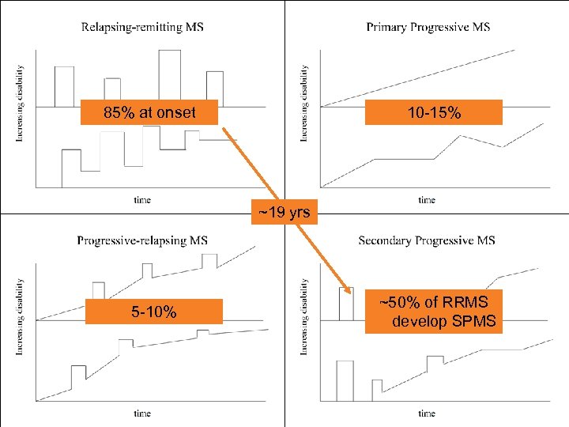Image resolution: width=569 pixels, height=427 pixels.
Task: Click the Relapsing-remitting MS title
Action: [x=142, y=28]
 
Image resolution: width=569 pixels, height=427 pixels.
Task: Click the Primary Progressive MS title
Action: [x=428, y=28]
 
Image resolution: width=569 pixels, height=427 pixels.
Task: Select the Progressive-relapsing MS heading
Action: [x=142, y=240]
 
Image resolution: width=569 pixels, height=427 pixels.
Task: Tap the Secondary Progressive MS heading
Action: [x=427, y=240]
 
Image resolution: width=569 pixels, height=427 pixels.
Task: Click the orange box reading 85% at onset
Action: [x=150, y=113]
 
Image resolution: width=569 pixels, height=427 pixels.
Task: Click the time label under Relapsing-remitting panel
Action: [x=142, y=200]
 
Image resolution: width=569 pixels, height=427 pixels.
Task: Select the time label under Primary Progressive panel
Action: [x=427, y=200]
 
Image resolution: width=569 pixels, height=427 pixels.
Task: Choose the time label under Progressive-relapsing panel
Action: [x=142, y=413]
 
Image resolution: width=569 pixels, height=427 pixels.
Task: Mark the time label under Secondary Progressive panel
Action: [x=427, y=413]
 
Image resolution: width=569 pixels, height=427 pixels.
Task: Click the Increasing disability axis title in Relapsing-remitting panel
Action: [x=20, y=104]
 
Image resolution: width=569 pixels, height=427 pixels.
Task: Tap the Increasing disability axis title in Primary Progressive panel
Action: [x=304, y=104]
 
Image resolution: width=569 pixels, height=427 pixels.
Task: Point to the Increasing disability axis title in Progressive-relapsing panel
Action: [x=20, y=316]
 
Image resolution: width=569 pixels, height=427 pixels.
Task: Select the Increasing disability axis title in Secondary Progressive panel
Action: [x=304, y=316]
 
